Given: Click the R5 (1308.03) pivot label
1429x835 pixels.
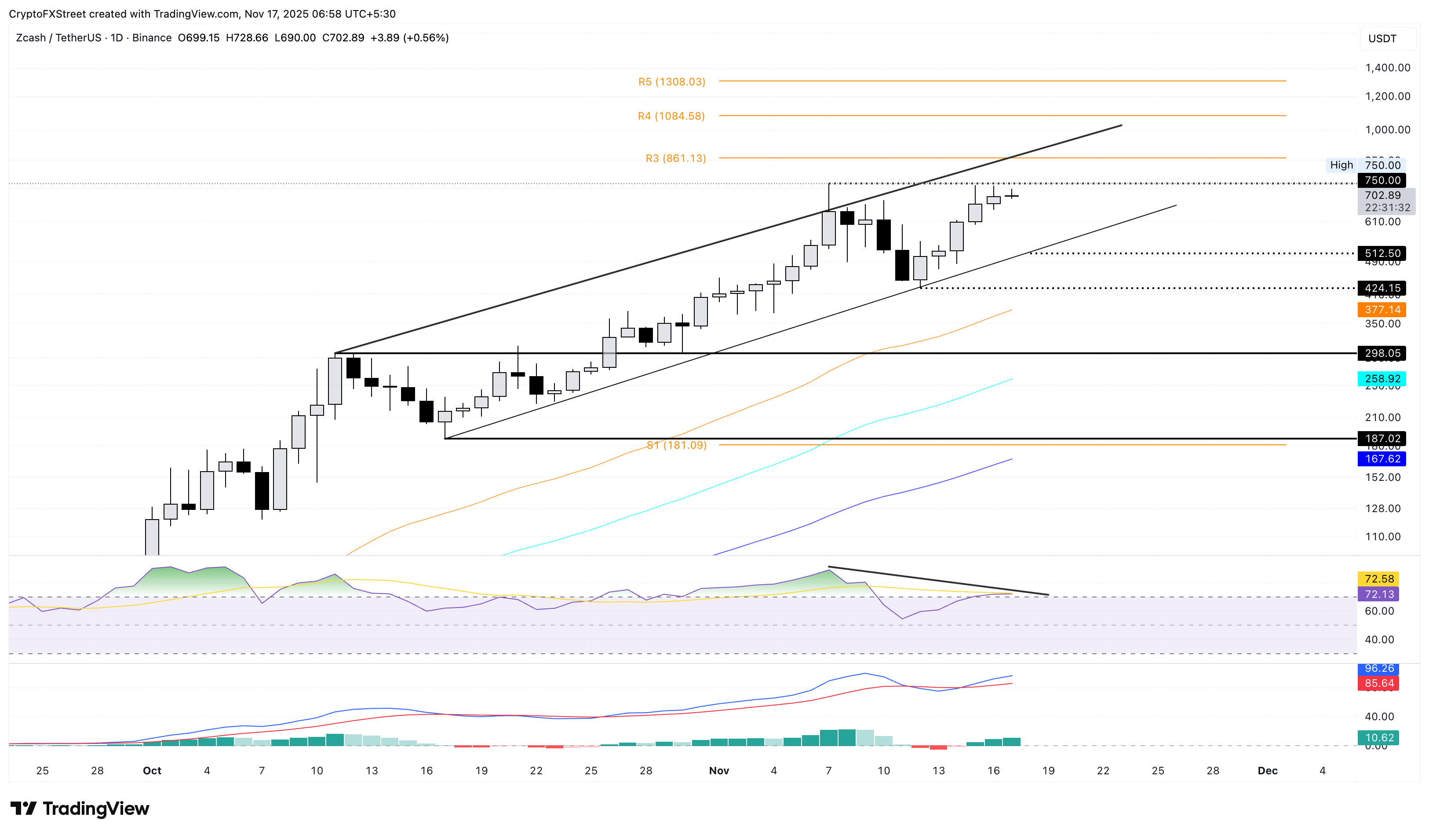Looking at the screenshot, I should point(671,82).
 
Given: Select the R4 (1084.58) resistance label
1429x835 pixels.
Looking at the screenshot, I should point(671,116).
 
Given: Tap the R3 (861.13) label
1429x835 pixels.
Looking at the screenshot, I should point(675,158).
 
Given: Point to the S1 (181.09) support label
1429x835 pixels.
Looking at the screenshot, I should point(677,445).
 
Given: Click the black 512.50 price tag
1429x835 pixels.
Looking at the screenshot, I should point(1382,253).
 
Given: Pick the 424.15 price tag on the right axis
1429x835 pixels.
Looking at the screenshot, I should point(1382,288).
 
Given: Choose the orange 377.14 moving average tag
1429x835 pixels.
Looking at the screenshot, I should point(1382,310).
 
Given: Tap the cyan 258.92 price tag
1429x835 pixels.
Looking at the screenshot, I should point(1382,378).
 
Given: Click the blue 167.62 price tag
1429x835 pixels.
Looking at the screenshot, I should point(1382,459).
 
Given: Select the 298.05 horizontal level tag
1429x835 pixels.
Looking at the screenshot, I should point(1382,353).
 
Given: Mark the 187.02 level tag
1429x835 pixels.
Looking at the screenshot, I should point(1382,439).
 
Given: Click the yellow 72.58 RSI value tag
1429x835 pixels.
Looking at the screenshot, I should point(1378,579).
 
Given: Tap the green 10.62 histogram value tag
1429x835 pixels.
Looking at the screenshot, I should point(1378,737).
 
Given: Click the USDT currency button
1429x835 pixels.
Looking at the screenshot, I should point(1382,39).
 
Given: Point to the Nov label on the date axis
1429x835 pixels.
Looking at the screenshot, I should point(718,770).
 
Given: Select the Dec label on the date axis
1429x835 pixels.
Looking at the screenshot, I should point(1267,770).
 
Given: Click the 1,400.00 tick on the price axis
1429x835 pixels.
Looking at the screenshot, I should point(1387,67).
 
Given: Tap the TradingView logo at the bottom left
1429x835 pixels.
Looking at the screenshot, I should point(80,808).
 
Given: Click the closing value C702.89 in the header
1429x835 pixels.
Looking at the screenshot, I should point(343,38).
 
